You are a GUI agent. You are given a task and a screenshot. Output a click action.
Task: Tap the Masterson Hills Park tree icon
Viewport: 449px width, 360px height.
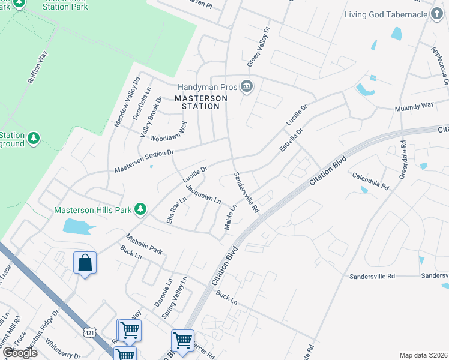pyautogui.click(x=140, y=209)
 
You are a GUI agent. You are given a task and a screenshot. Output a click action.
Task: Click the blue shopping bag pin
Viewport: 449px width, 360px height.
pyautogui.click(x=85, y=263)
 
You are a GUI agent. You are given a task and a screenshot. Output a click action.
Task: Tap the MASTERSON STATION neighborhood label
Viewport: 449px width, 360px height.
pyautogui.click(x=201, y=102)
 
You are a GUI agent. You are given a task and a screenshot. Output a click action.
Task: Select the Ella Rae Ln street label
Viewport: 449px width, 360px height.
pyautogui.click(x=174, y=210)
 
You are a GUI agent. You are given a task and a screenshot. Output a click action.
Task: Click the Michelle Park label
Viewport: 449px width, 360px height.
pyautogui.click(x=144, y=243)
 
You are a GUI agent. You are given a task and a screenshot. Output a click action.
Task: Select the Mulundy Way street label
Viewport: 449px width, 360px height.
pyautogui.click(x=414, y=105)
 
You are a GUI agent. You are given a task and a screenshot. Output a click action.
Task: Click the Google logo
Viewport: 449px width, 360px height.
pyautogui.click(x=20, y=353)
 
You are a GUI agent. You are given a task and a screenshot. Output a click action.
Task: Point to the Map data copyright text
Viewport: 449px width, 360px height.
pyautogui.click(x=424, y=355)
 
